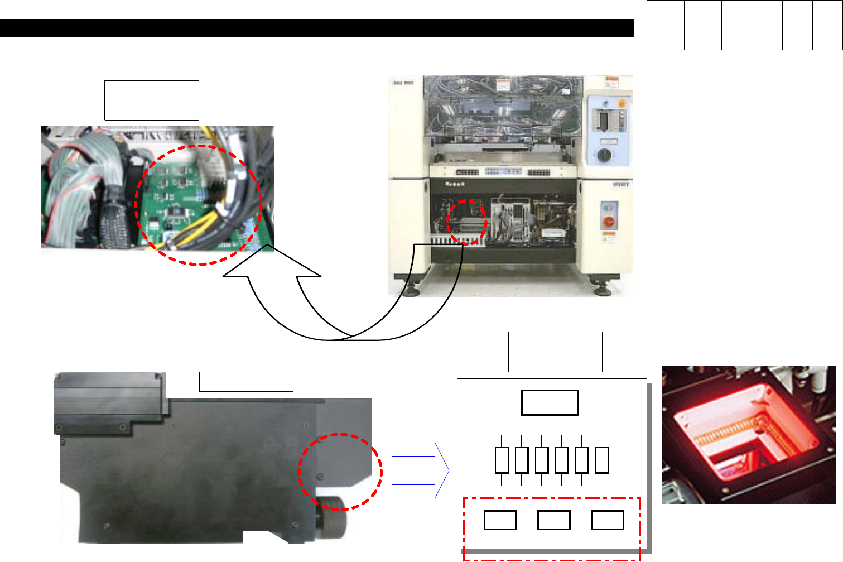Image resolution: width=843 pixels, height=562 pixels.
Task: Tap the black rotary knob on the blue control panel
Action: [604, 155]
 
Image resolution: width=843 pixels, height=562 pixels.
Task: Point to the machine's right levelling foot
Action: [603, 288]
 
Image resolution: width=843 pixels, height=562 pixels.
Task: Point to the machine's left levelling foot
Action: [412, 288]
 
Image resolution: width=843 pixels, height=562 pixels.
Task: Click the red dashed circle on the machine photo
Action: [468, 222]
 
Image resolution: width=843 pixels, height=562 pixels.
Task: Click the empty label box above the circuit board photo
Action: [151, 100]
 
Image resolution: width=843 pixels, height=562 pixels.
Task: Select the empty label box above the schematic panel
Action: [555, 352]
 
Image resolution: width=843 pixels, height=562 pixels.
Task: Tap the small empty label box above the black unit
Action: [246, 382]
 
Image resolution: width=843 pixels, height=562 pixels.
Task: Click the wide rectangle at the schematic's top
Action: [550, 402]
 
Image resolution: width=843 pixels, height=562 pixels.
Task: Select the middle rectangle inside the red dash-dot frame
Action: [553, 520]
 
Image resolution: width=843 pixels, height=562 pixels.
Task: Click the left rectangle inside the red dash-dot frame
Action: [500, 520]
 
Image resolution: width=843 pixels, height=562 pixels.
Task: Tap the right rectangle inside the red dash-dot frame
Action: [607, 520]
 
